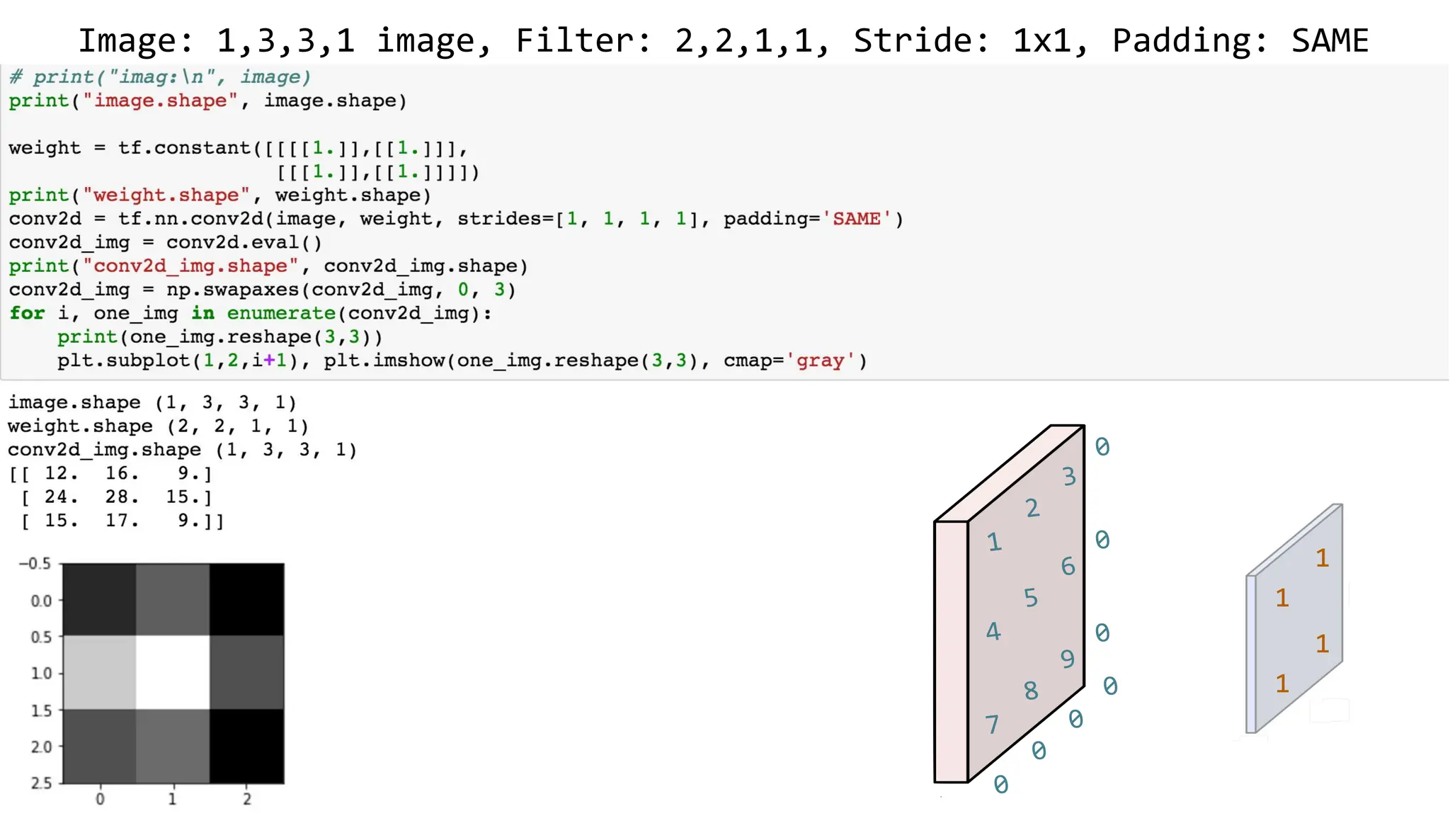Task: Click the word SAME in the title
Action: click(x=1330, y=40)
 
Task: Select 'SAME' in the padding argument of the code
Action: click(x=857, y=219)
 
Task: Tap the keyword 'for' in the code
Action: click(x=27, y=313)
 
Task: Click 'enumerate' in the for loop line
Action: click(x=281, y=313)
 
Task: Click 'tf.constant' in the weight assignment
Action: click(x=184, y=148)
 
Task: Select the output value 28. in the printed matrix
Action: click(x=121, y=497)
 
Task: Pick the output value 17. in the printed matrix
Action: click(x=121, y=521)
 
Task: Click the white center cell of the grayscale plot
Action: click(x=173, y=672)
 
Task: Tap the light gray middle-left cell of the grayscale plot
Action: click(x=99, y=672)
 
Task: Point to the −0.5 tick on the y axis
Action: click(x=35, y=564)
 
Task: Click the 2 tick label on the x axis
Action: click(x=247, y=799)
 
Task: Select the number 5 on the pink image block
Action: click(x=1031, y=598)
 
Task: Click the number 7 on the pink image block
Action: click(x=992, y=724)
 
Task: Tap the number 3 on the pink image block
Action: click(x=1069, y=477)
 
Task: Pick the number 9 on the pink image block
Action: click(x=1068, y=659)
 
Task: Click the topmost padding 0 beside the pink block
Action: click(x=1102, y=447)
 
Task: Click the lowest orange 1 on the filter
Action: click(x=1282, y=684)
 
